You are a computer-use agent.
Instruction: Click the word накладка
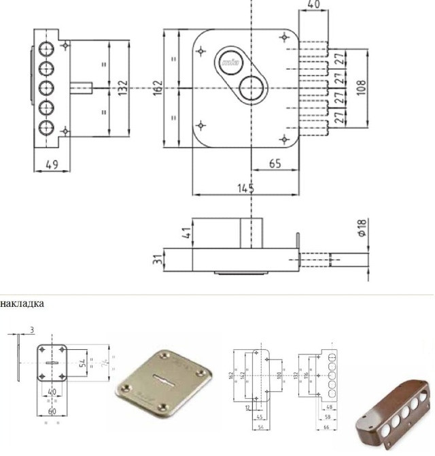point(22,304)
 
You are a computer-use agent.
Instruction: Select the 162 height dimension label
point(157,87)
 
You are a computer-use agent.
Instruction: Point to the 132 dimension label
point(122,87)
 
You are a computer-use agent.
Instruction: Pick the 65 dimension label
point(275,163)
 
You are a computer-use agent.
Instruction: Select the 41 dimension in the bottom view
point(186,233)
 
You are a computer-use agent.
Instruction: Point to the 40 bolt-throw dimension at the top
point(313,5)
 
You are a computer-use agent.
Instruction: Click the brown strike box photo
point(391,422)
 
